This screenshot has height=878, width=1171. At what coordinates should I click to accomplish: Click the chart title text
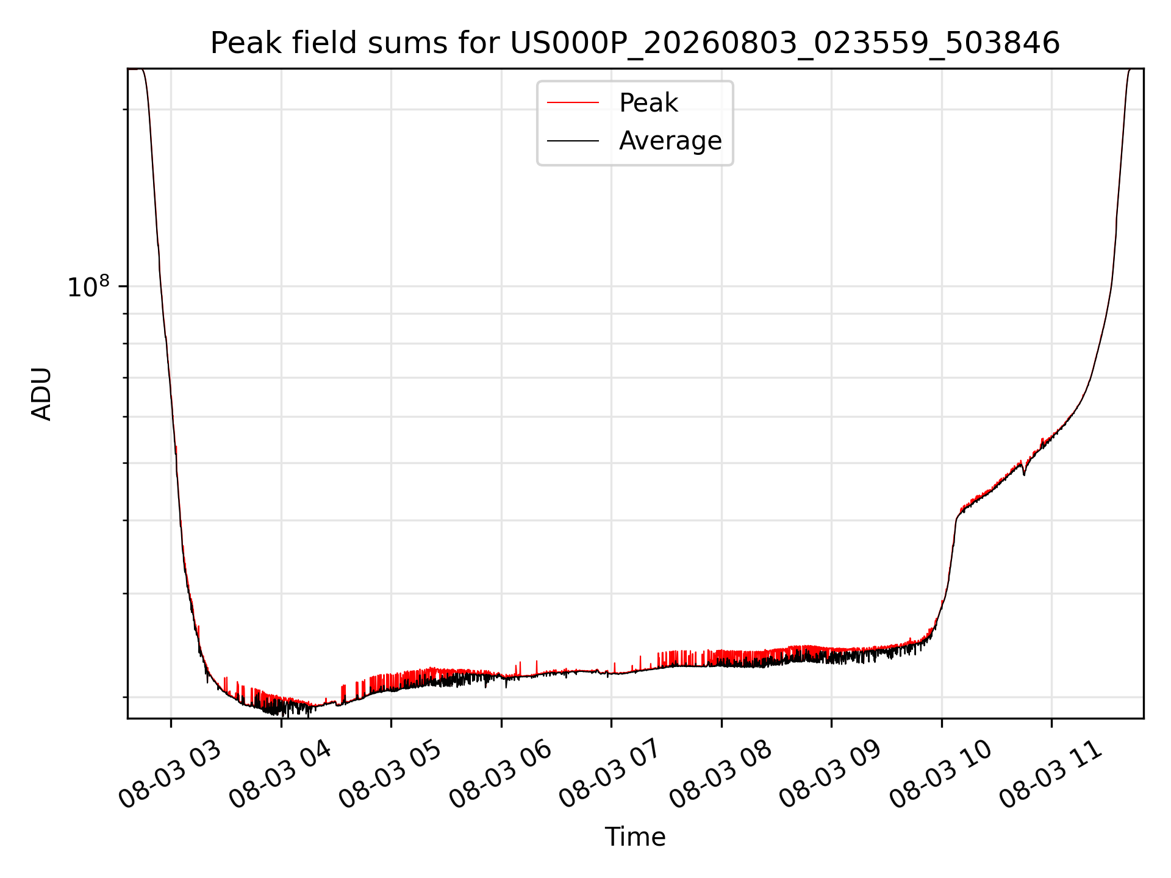pyautogui.click(x=635, y=43)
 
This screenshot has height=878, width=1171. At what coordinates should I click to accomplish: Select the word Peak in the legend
pyautogui.click(x=648, y=103)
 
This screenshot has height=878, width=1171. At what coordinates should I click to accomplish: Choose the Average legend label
pyautogui.click(x=670, y=141)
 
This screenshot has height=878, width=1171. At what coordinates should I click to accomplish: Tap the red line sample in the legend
pyautogui.click(x=573, y=103)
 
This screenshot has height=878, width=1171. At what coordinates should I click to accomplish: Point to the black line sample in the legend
pyautogui.click(x=573, y=141)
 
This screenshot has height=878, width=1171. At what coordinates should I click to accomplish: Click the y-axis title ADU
pyautogui.click(x=41, y=394)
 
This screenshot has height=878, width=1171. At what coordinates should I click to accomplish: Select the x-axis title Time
pyautogui.click(x=635, y=837)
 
